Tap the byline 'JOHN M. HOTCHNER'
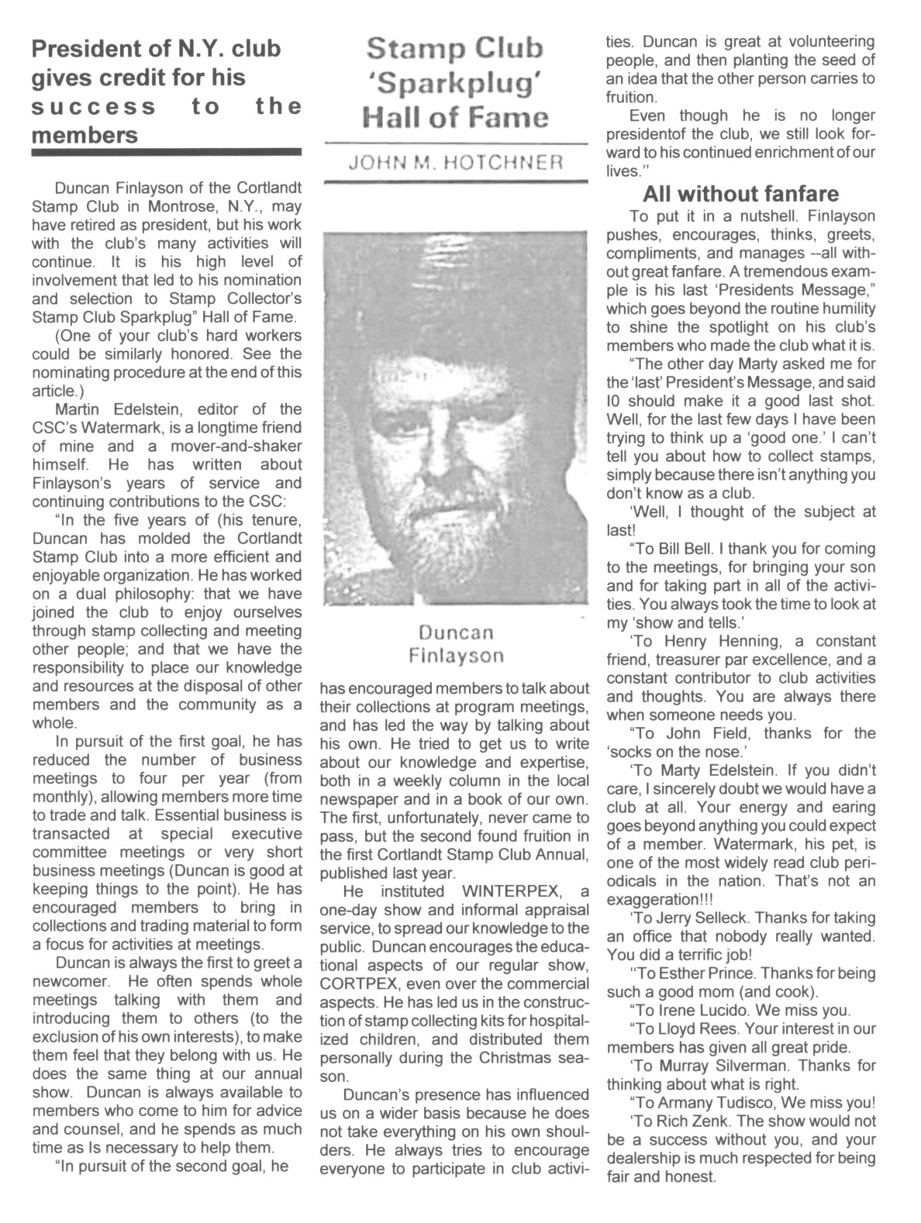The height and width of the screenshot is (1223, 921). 456,164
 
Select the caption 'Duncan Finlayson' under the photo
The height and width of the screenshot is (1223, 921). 456,644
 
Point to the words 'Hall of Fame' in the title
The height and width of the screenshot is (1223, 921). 455,118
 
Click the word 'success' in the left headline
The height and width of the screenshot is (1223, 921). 94,106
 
